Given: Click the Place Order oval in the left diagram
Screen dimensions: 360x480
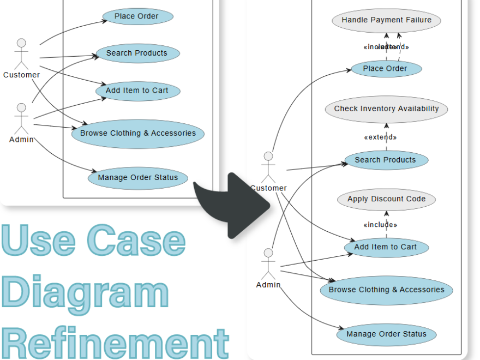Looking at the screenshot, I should pos(136,16).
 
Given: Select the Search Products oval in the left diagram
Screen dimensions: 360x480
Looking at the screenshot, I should pos(137,53).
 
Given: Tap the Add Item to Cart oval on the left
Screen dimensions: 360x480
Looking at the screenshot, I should pos(137,91).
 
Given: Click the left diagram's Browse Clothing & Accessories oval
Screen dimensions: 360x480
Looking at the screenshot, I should pos(137,133).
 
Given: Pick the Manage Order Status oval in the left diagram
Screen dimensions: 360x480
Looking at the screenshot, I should pos(138,178).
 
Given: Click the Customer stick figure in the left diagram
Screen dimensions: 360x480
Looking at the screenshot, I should pos(21,53).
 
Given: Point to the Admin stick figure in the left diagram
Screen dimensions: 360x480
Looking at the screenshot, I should pos(21,118).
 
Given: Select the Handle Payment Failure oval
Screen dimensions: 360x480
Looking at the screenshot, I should pos(386,20).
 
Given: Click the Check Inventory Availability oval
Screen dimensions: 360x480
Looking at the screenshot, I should pos(386,109).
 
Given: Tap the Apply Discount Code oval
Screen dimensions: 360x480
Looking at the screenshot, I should pos(386,199).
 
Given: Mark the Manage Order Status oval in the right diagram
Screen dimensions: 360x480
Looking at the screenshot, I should pos(386,334).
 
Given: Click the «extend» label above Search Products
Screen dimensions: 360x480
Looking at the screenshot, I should pos(380,137).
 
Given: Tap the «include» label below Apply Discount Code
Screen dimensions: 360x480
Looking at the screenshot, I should pos(380,225).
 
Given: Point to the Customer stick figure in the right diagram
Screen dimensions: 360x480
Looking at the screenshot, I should pos(268,167).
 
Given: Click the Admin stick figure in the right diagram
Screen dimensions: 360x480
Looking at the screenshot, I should pos(268,263).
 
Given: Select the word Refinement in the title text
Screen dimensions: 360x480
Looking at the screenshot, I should pos(115,343).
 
